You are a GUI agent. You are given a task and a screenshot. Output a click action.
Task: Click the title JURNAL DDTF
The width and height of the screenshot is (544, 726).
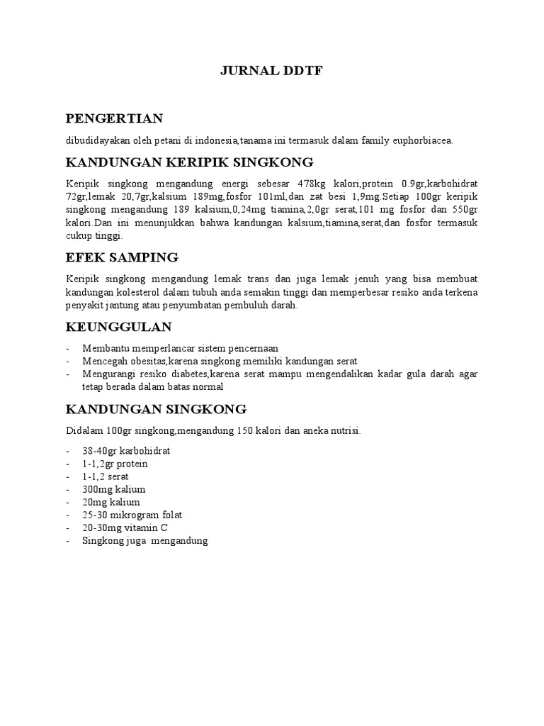(272, 71)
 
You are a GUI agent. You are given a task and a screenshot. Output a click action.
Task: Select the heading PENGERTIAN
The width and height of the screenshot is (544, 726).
(114, 118)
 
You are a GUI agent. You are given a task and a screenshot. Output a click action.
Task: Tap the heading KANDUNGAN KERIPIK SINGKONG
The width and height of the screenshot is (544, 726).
(189, 162)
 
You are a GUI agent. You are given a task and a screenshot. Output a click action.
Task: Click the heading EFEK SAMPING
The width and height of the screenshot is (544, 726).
(122, 256)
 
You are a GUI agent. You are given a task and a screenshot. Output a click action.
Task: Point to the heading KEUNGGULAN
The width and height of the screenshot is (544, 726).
(119, 327)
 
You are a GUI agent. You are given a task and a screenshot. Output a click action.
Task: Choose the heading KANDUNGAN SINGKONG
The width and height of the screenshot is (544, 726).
(156, 408)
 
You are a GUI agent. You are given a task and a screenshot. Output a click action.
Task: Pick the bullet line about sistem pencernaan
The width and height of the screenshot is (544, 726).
(180, 348)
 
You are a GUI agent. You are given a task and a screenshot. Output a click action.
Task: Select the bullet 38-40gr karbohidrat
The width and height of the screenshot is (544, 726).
(126, 451)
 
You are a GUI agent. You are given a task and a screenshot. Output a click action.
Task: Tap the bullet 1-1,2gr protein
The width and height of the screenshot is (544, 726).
(115, 464)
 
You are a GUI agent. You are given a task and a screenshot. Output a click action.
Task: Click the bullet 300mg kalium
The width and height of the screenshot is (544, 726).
(113, 489)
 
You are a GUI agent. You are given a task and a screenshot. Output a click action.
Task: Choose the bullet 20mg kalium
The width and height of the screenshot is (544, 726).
(110, 503)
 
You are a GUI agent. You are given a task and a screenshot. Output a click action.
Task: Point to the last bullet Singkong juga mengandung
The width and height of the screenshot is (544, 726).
(144, 541)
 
